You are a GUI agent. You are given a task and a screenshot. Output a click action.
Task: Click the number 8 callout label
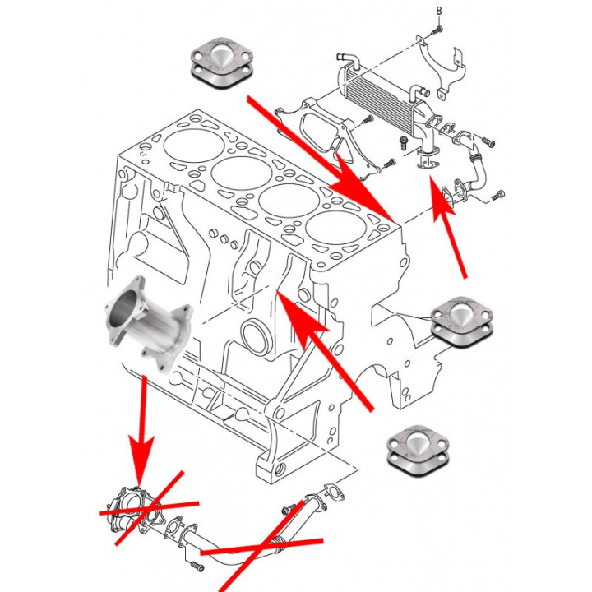coord(438,10)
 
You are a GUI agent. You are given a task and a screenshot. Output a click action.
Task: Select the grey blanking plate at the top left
coord(220,62)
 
